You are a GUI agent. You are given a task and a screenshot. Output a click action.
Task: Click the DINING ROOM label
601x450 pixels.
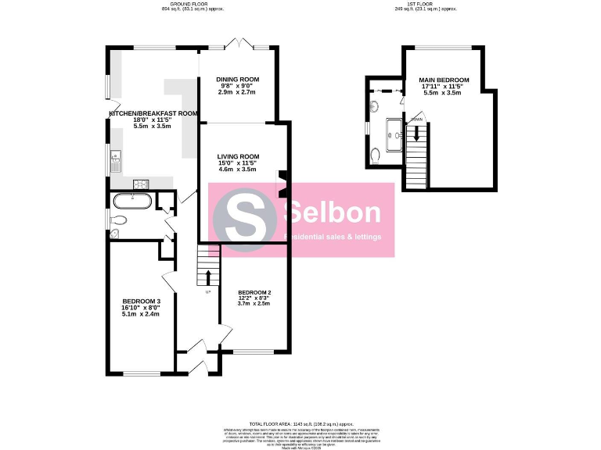coord(238,80)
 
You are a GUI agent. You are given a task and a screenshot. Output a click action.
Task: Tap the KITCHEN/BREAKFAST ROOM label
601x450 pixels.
coord(153,113)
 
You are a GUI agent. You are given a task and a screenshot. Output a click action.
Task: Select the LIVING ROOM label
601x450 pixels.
coord(238,156)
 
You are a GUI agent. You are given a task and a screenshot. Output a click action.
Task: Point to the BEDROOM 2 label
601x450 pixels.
coord(254,293)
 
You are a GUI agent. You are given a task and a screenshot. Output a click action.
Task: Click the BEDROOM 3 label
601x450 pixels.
coord(141,301)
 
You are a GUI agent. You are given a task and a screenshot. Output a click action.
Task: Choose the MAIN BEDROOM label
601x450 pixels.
coord(443,80)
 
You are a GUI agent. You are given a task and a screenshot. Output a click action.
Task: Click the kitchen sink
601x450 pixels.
coord(114,161)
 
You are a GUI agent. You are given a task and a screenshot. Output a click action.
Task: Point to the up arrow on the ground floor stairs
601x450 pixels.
coord(208,277)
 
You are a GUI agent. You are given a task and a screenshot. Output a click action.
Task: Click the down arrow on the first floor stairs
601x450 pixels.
coord(417,134)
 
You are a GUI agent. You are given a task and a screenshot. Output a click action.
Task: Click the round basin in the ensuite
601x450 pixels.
coord(375,105)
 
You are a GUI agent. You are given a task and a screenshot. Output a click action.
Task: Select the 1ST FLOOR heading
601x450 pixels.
coord(426,4)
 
